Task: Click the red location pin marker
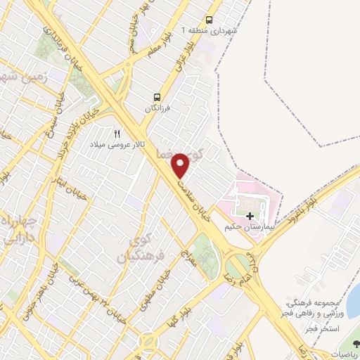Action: pos(181,165)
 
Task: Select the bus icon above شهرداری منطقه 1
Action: pos(210,20)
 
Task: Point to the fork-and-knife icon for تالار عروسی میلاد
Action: pos(117,134)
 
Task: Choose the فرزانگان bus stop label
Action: pos(158,109)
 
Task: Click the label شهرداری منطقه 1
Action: pos(210,31)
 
